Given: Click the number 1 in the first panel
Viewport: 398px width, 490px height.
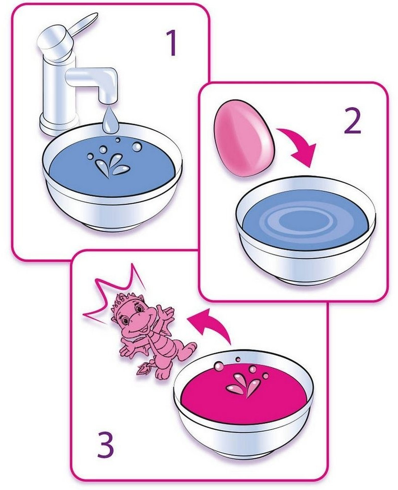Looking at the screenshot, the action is [172, 42].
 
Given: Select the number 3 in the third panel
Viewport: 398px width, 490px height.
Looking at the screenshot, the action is [105, 444].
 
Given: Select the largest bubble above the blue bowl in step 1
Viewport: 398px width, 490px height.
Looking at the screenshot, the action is [137, 146].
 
